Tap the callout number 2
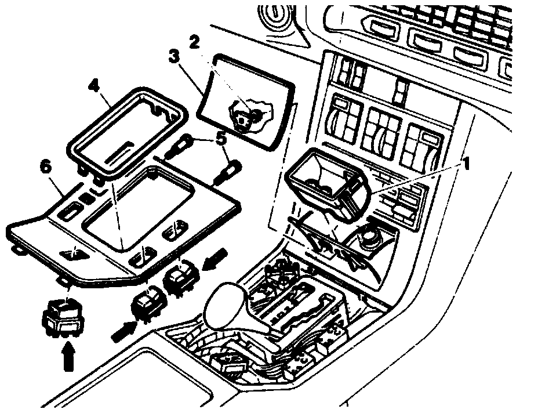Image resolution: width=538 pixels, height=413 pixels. tap(194, 42)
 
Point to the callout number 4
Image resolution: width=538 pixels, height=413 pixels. tap(94, 85)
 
